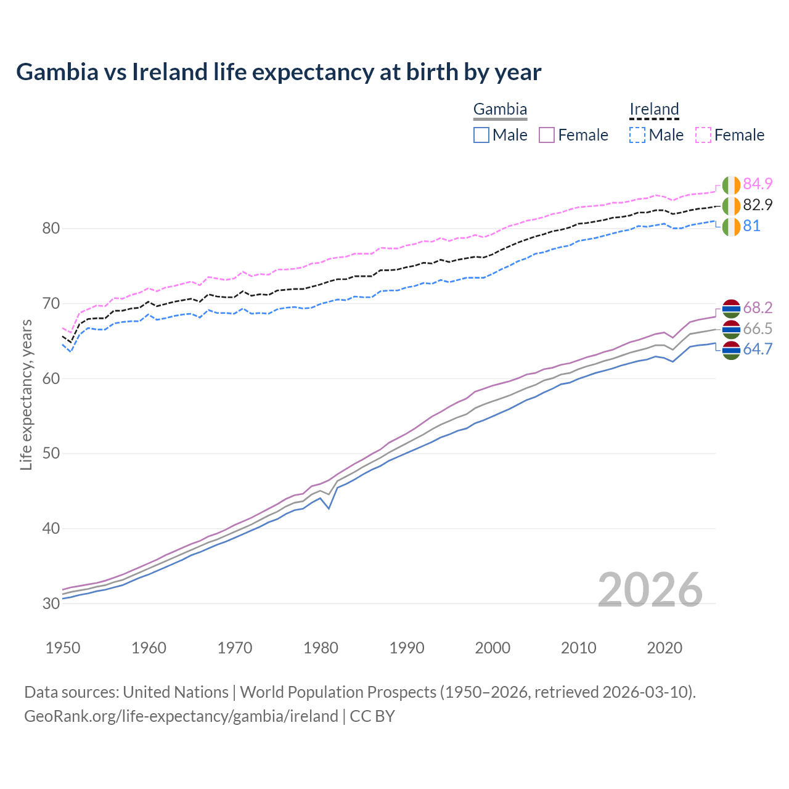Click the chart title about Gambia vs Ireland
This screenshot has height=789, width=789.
[279, 72]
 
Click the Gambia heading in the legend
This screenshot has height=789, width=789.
[500, 110]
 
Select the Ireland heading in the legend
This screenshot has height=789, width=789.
[654, 110]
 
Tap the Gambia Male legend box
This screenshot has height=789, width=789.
[481, 135]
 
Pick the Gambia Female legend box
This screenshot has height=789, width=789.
[547, 135]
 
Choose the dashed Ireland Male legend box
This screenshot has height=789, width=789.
[637, 135]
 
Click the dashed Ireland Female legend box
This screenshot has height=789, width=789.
[703, 135]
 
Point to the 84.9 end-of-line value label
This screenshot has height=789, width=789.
[758, 184]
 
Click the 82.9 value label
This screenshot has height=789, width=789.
[758, 205]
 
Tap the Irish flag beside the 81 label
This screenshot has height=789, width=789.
[731, 226]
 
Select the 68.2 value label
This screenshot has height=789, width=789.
[758, 308]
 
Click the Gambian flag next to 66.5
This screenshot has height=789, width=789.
[731, 329]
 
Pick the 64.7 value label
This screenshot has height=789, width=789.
[758, 350]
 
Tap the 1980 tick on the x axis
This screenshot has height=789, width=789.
[321, 648]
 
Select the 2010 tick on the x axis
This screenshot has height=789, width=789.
[578, 648]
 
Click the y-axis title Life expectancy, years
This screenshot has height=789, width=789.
[27, 394]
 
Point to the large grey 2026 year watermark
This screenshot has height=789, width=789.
[650, 590]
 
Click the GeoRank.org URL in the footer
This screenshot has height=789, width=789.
[181, 716]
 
